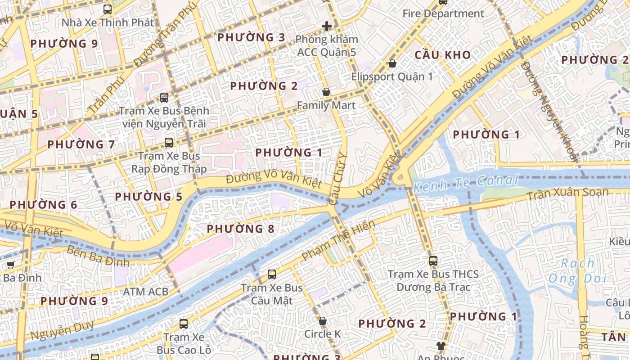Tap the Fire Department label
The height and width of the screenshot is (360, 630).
(443, 13)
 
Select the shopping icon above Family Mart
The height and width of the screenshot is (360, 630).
(326, 92)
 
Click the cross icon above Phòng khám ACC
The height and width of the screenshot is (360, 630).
(327, 26)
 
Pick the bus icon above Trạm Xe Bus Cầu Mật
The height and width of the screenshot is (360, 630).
(271, 274)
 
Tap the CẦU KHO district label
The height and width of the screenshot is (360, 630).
(442, 55)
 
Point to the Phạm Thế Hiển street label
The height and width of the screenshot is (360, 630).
(338, 240)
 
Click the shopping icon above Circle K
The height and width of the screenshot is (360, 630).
(322, 321)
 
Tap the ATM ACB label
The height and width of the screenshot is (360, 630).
(145, 292)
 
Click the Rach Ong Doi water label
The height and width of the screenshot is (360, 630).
(577, 271)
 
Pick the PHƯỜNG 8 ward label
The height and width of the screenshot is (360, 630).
(240, 229)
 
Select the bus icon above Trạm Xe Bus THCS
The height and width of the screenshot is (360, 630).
(433, 261)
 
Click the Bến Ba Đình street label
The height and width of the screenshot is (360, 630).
(98, 256)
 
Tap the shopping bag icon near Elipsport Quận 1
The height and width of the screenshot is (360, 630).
(392, 63)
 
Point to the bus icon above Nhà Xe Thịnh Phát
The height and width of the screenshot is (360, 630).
(107, 9)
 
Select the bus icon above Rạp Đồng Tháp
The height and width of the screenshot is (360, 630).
(168, 143)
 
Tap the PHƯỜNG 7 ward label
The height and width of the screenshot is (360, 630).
(81, 144)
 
